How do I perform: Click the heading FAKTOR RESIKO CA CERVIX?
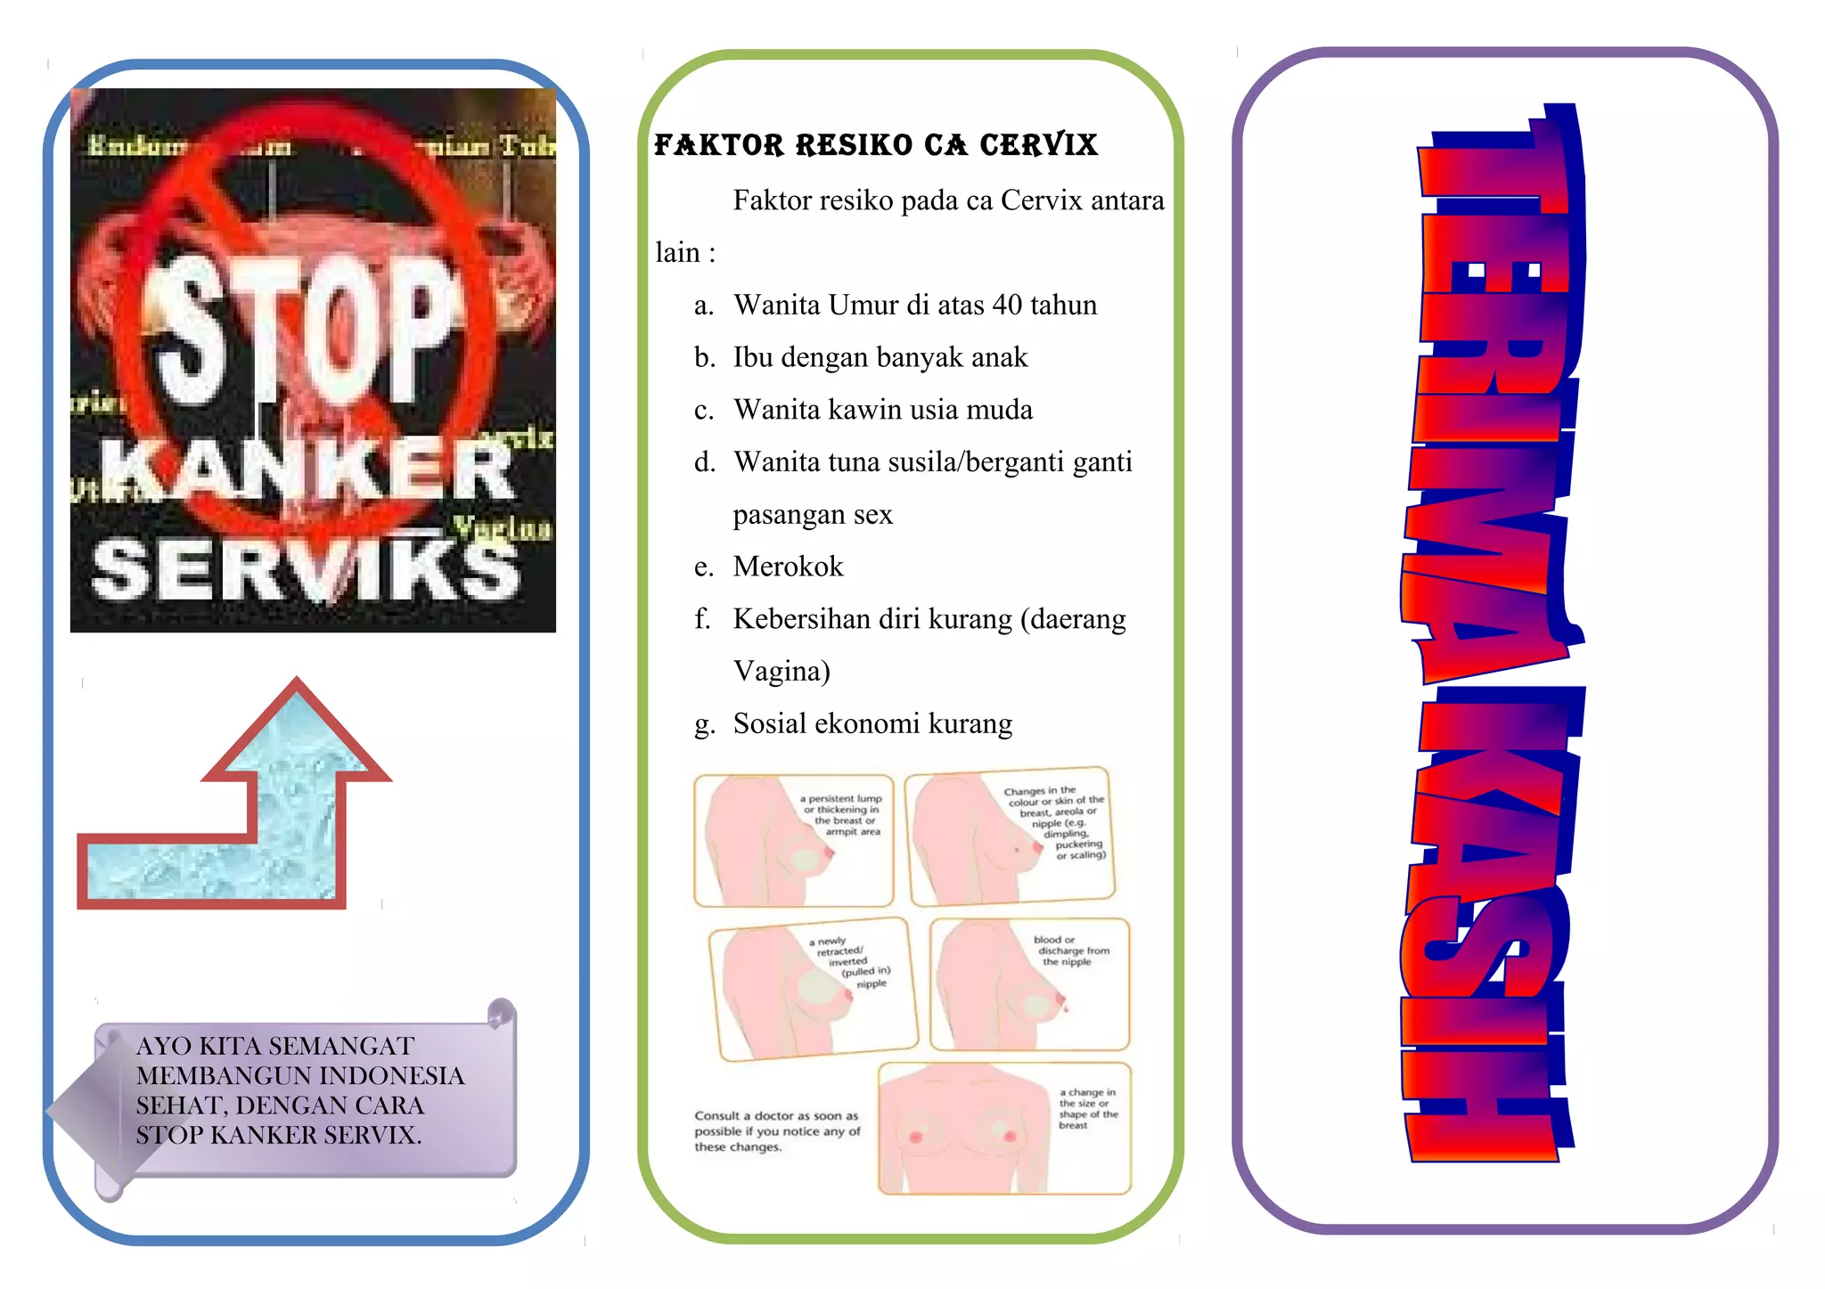(x=875, y=145)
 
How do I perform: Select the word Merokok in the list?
(x=788, y=567)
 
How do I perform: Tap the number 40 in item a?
(x=1007, y=306)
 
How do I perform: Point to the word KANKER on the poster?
(x=307, y=472)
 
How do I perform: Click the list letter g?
(x=704, y=725)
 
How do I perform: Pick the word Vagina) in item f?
(x=782, y=672)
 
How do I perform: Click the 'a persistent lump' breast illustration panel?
(x=793, y=840)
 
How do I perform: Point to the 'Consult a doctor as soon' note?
(x=777, y=1131)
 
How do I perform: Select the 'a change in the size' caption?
(x=1088, y=1108)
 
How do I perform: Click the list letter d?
(x=704, y=462)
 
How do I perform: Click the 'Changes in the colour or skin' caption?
(x=1055, y=822)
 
